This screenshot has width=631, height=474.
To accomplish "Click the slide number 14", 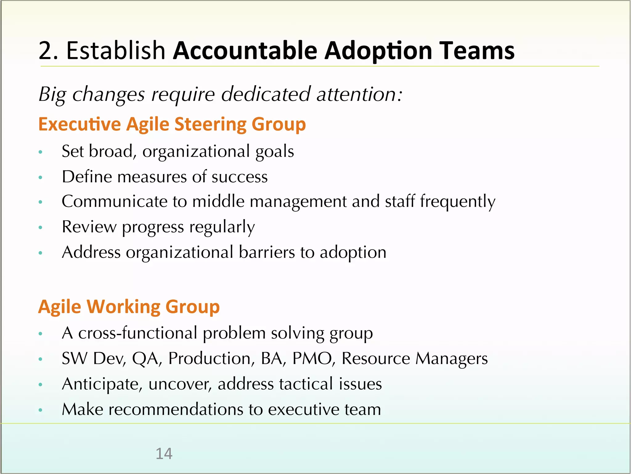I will pos(164,454).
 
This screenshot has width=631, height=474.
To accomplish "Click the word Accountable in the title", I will pos(245,50).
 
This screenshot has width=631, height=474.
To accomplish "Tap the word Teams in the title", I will pos(477,50).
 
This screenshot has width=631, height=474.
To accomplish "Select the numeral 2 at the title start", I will pos(45,50).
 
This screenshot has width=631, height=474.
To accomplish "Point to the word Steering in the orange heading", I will pos(210,124).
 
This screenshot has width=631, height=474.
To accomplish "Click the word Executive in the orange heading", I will pos(79,124).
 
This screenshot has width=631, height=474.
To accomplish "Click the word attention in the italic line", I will pos(359,94).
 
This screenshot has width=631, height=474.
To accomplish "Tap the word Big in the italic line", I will pos(51,94).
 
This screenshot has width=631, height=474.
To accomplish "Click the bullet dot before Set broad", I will pos(40,152).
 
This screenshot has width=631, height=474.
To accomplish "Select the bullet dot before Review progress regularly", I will pos(40,228).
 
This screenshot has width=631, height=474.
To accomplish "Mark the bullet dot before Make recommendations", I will pos(40,410).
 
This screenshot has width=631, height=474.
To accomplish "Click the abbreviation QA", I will pos(146,359).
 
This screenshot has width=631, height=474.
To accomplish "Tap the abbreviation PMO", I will pos(312,359).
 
